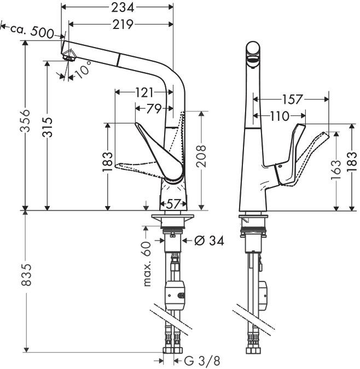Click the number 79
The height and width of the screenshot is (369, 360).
point(154,108)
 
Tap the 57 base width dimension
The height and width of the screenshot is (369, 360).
point(173,203)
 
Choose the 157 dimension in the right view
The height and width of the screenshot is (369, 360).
point(292,99)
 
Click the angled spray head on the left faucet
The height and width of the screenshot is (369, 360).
point(68,54)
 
